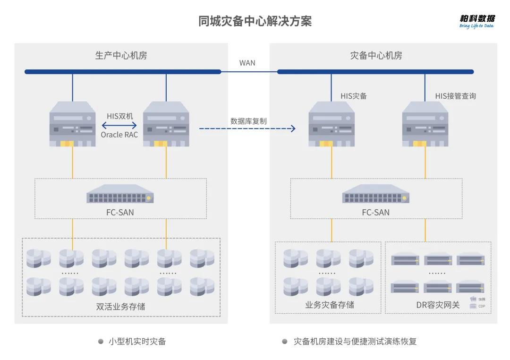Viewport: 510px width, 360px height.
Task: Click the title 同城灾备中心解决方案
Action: [255, 21]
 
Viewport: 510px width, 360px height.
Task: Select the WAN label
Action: [247, 63]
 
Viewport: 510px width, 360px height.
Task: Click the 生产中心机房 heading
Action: [121, 56]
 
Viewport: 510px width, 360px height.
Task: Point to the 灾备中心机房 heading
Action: [376, 56]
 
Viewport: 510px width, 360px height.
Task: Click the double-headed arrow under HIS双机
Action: [119, 125]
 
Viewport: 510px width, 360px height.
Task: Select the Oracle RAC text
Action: [119, 135]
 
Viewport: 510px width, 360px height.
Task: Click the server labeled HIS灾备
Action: [331, 124]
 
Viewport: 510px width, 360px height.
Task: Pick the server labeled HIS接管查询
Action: [425, 124]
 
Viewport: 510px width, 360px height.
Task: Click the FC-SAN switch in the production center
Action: [120, 195]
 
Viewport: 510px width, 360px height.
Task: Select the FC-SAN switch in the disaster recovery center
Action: [376, 195]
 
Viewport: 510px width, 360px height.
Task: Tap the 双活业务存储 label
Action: [120, 307]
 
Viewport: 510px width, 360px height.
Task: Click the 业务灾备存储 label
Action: [329, 305]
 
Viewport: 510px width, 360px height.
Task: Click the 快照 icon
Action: [473, 299]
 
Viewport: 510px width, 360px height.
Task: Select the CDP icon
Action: [473, 306]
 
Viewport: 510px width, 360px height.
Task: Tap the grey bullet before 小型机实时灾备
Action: [101, 341]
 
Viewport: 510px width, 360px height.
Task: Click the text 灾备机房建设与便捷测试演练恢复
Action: [355, 341]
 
